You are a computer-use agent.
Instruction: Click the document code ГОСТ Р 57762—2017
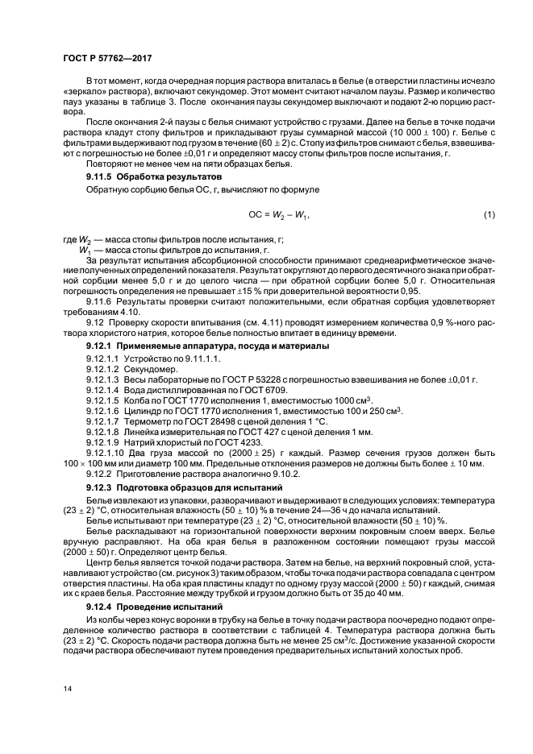tap(106, 57)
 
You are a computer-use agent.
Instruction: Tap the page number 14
tap(68, 687)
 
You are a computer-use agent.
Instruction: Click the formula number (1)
tap(488, 214)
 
